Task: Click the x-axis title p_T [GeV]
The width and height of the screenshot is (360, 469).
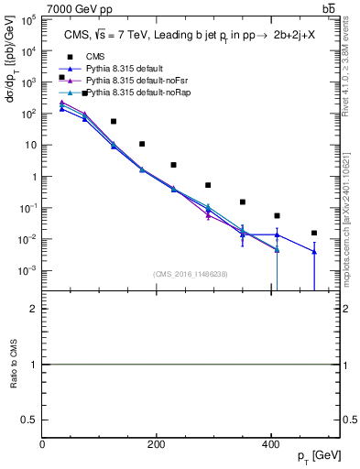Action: [321, 455]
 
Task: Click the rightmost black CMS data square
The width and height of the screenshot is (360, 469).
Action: [314, 233]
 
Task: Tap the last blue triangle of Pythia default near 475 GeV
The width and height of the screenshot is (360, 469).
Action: [314, 252]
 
